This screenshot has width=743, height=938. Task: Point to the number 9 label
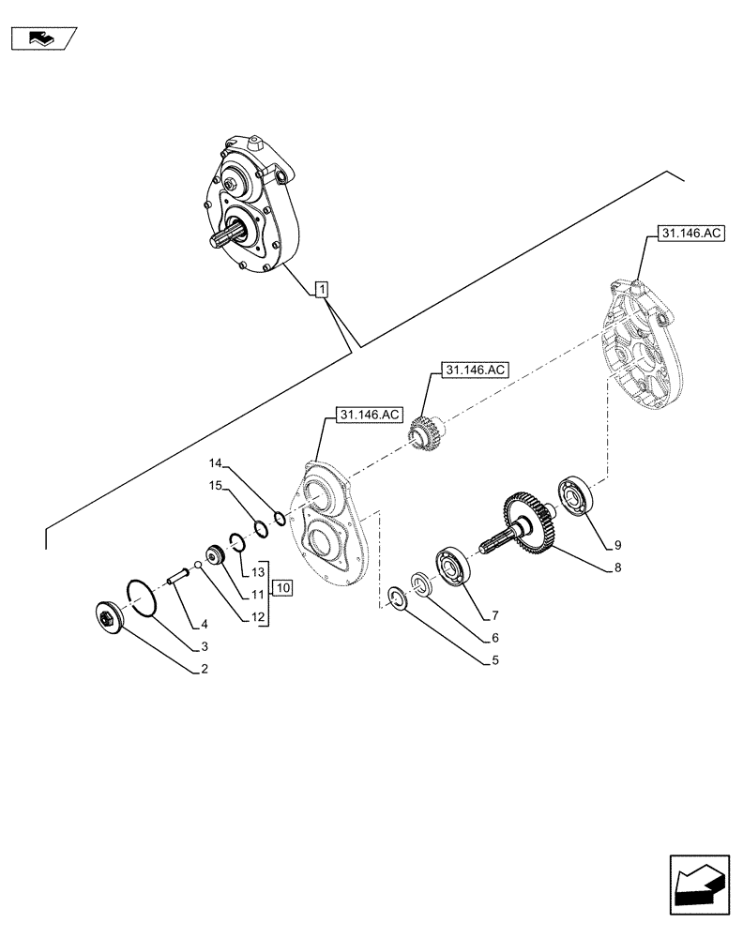618,544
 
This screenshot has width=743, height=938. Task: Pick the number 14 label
215,463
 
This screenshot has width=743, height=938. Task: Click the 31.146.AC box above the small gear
471,370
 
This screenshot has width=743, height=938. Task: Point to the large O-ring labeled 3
140,599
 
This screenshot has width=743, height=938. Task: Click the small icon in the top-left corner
42,38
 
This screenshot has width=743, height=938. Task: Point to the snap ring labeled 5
398,598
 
